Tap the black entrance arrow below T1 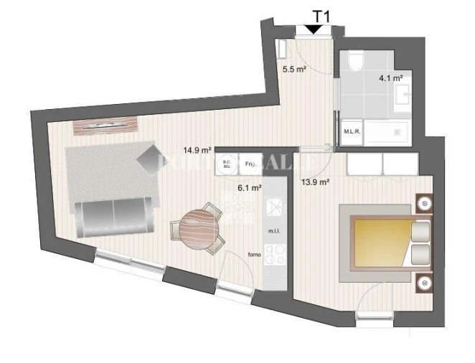[x=314, y=29]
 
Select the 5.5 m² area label [x=293, y=70]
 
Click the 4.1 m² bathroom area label [x=390, y=77]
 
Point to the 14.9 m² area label [x=197, y=151]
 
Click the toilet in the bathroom [x=355, y=63]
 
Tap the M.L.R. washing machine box [x=352, y=131]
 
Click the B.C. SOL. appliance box [x=227, y=164]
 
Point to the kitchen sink [x=276, y=207]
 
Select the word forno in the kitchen [x=254, y=255]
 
